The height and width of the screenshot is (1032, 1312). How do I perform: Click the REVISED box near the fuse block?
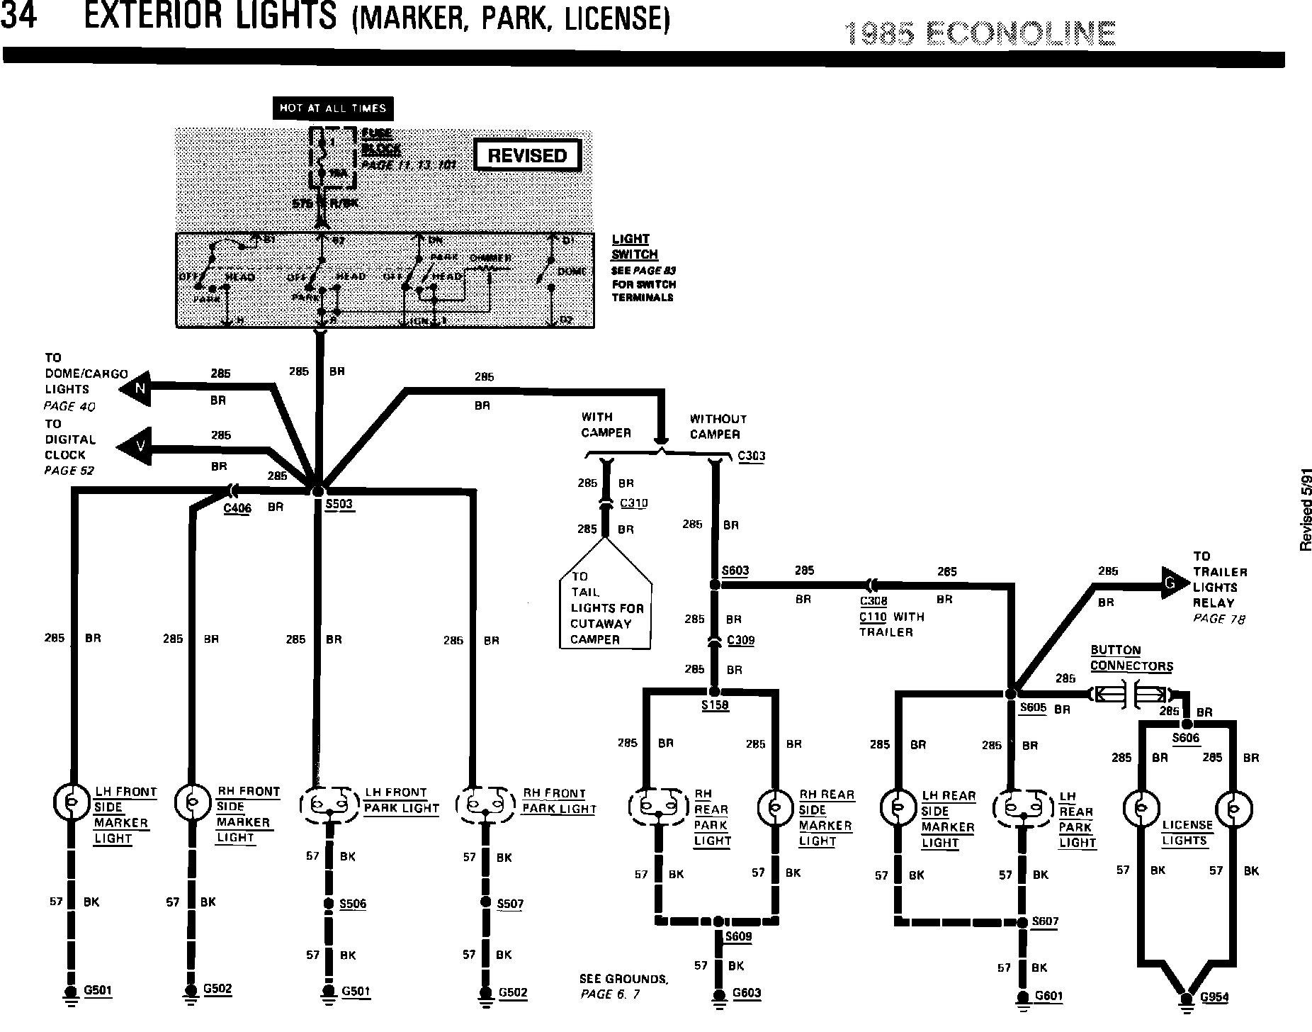coord(527,156)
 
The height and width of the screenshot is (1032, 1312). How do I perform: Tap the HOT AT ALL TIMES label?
coord(332,108)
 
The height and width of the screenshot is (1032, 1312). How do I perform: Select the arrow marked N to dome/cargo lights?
coord(137,388)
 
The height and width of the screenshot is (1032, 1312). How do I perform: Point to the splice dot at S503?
coord(317,490)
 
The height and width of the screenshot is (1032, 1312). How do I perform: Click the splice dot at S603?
coord(715,585)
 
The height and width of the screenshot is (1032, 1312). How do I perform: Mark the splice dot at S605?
coord(1011,693)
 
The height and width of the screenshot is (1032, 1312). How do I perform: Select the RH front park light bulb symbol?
coord(485,804)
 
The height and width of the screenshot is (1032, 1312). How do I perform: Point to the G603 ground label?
coord(747,992)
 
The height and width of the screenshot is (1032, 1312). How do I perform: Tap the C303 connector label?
coord(751,456)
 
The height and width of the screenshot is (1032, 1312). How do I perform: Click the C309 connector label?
coord(741,641)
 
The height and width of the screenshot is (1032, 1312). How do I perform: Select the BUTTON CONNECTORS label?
coord(1131,658)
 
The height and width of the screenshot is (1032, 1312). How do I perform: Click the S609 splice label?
coord(737,937)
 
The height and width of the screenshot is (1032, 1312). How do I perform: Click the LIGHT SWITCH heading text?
coord(635,247)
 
